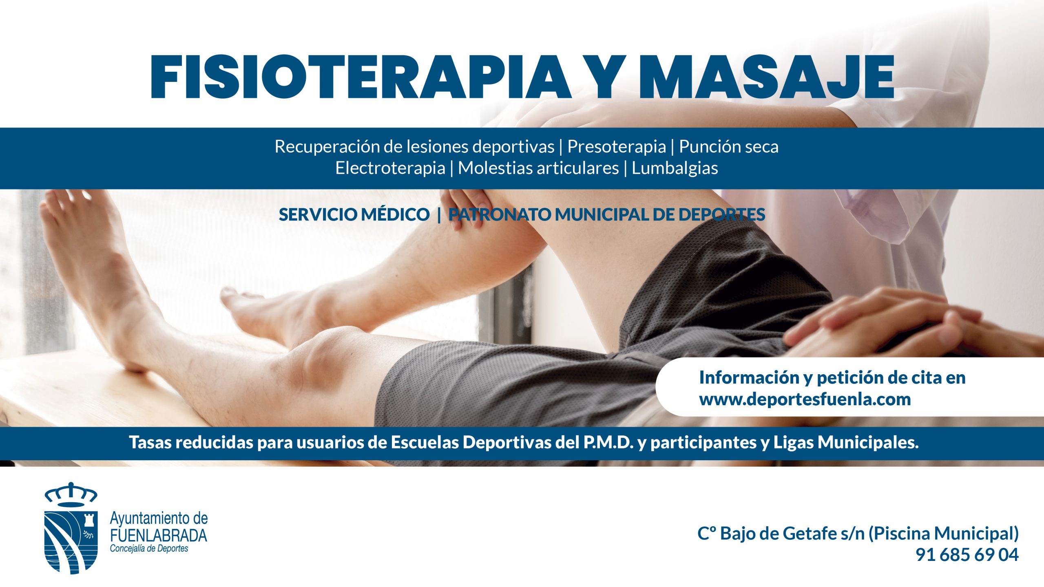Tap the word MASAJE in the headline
(x=767, y=77)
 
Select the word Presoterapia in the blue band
(x=616, y=147)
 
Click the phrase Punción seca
(x=728, y=147)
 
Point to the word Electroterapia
(x=390, y=168)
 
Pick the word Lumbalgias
(x=675, y=168)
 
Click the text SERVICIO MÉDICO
(x=354, y=215)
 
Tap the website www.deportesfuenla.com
(x=805, y=399)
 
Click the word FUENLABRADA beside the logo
(x=158, y=535)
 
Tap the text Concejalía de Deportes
(x=149, y=549)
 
